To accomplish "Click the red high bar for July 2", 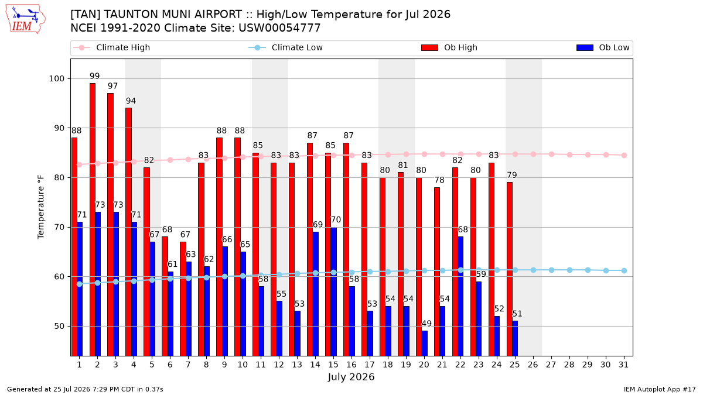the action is pyautogui.click(x=93, y=219).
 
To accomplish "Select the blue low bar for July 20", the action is pyautogui.click(x=424, y=344).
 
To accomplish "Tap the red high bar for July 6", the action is pyautogui.click(x=165, y=296).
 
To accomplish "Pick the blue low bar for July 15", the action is pyautogui.click(x=333, y=291).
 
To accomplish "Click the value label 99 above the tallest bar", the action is pyautogui.click(x=94, y=76).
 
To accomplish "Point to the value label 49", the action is pyautogui.click(x=426, y=324).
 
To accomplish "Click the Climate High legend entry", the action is pyautogui.click(x=111, y=47).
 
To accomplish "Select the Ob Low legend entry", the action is pyautogui.click(x=603, y=47).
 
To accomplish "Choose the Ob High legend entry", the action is pyautogui.click(x=449, y=47).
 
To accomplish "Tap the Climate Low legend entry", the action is pyautogui.click(x=286, y=47).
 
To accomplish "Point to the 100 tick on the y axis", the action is pyautogui.click(x=56, y=78).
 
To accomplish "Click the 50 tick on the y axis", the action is pyautogui.click(x=59, y=326).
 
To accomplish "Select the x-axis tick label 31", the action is pyautogui.click(x=623, y=365).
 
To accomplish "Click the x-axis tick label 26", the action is pyautogui.click(x=533, y=365).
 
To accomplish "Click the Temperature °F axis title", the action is pyautogui.click(x=41, y=208).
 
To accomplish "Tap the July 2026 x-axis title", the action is pyautogui.click(x=351, y=377).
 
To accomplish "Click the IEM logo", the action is pyautogui.click(x=25, y=19).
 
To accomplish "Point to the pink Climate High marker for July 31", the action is pyautogui.click(x=624, y=155).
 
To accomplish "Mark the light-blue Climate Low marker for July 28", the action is pyautogui.click(x=569, y=270).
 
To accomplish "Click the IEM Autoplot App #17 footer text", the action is pyautogui.click(x=660, y=389).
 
